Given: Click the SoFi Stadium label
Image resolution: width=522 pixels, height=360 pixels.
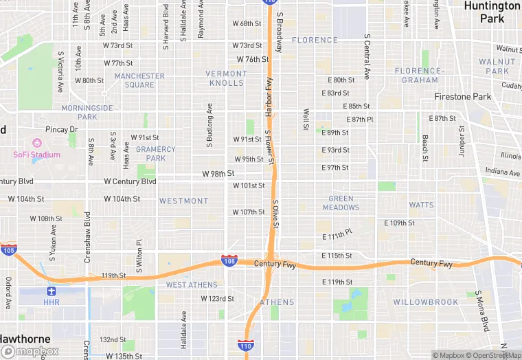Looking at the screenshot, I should (36, 155).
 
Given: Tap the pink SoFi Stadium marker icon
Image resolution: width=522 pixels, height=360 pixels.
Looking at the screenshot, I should (37, 143).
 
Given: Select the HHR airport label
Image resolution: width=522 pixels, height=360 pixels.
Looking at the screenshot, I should (52, 302).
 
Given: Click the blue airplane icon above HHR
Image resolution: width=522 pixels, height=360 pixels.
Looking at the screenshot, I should (52, 291).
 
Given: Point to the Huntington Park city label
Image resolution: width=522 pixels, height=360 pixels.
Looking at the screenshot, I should (492, 12).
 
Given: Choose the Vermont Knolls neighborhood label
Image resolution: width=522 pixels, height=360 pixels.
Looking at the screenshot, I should (226, 78).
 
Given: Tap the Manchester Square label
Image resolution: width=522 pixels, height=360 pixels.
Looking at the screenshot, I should (139, 80).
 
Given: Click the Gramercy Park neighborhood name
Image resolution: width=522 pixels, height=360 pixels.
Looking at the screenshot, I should (156, 153).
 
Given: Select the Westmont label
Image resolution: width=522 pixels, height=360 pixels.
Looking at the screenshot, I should (183, 201).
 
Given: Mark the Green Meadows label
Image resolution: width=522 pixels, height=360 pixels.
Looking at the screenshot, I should (341, 203).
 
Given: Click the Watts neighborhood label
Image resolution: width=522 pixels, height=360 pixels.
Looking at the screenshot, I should (421, 205).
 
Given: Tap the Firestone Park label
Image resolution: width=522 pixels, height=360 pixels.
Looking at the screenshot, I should (463, 97).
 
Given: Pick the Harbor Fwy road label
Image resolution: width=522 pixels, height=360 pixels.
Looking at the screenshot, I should (269, 97).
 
